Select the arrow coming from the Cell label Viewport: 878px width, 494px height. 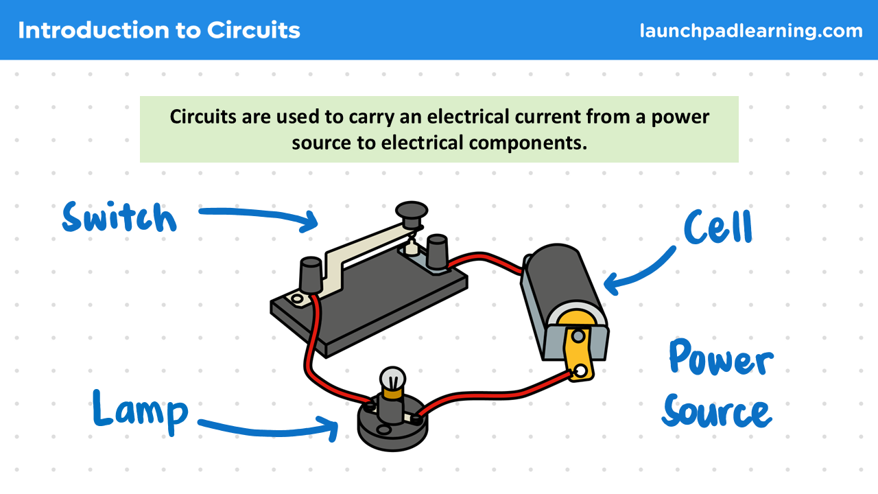point(641,272)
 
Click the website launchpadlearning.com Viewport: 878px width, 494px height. point(751,31)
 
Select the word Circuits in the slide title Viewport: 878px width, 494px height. point(253,30)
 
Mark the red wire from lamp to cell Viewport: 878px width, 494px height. point(494,395)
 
